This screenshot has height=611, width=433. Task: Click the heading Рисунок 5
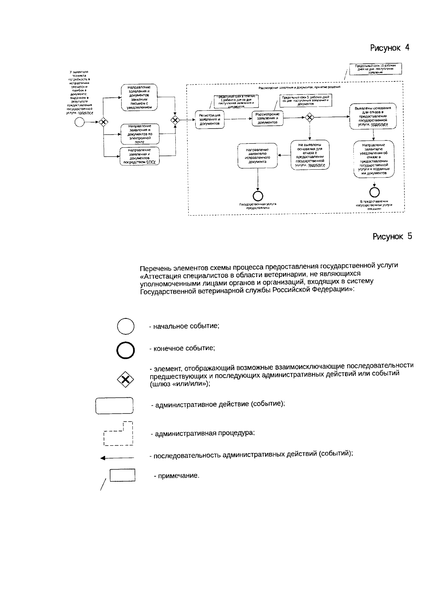click(392, 236)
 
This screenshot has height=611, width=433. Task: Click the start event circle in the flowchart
click(79, 122)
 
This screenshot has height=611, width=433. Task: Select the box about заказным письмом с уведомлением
click(139, 97)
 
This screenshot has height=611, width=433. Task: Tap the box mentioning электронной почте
click(139, 134)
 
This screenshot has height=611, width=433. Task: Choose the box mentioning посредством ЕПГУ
click(139, 156)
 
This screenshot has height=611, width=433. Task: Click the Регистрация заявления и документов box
click(210, 119)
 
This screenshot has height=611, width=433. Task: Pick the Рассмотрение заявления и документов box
click(267, 118)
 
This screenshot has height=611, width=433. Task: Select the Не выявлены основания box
click(310, 155)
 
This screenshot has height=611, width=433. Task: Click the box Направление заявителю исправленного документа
click(258, 156)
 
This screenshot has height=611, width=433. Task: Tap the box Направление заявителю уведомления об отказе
click(373, 159)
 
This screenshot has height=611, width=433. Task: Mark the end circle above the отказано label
click(374, 191)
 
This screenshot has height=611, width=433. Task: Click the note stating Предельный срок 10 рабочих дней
click(376, 69)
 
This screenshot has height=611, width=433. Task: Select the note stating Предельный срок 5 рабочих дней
click(305, 100)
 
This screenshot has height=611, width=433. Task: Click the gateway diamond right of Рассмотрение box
click(309, 117)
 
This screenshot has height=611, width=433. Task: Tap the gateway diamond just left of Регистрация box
click(175, 120)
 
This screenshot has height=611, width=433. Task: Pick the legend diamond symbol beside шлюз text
click(125, 379)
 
